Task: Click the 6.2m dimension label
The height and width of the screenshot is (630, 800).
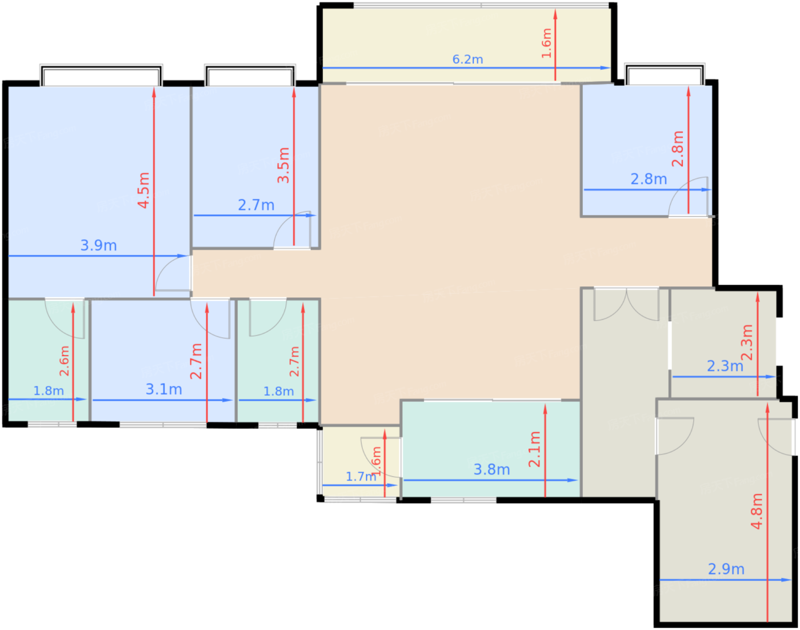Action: pos(467,59)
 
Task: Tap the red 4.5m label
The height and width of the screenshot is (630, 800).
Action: pos(143,190)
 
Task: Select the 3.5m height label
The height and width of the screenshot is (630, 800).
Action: pos(283,165)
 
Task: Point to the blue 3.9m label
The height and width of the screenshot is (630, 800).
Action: pos(98,245)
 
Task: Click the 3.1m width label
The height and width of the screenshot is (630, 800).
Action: pos(163,389)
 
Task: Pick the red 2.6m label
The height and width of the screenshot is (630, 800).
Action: pos(65,361)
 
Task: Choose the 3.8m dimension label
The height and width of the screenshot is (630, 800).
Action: pos(491,469)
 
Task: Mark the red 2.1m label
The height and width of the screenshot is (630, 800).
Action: pos(534,449)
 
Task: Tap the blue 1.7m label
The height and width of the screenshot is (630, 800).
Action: pos(361,476)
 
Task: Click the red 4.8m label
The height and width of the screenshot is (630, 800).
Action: pos(757,511)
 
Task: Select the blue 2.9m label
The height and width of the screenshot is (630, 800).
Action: pos(726,569)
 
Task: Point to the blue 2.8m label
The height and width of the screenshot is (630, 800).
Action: pos(649,180)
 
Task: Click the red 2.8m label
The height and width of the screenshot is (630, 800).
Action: pos(678,149)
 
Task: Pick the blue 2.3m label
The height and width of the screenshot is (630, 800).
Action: pos(725,366)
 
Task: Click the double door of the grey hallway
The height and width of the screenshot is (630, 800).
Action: pos(626,304)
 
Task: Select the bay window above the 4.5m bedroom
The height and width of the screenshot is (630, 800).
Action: pos(101,75)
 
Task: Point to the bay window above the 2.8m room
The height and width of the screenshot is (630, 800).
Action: pos(665,74)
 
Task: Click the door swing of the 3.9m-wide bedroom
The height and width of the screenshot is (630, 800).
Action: pos(173,273)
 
